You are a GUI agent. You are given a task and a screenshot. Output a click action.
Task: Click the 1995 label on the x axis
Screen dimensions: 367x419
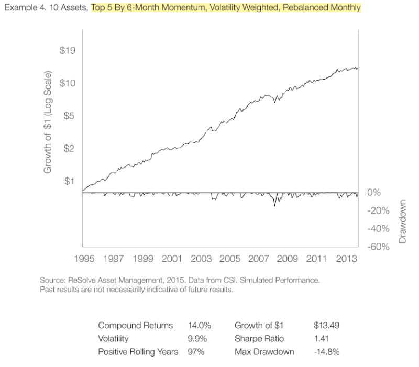tap(83, 258)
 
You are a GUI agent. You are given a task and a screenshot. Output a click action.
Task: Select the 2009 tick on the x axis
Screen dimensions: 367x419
tap(287, 258)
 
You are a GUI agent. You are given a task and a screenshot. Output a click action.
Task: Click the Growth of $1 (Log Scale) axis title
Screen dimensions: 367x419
tap(48, 121)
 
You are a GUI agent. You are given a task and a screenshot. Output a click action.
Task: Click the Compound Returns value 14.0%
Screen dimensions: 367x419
tap(199, 325)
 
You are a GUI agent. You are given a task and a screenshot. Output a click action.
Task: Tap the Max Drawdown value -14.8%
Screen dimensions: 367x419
tap(326, 352)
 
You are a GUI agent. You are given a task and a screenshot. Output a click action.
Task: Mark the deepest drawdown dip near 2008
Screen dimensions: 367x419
tap(274, 205)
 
